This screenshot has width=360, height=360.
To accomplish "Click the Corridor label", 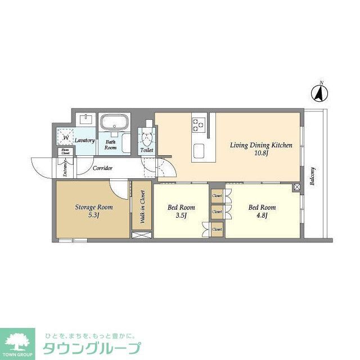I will coord(103,168).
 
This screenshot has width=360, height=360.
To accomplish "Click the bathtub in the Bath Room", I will coord(115,122).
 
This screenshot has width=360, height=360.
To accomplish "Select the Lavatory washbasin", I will coord(87,119).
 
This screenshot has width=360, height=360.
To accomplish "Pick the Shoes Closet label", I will coord(65,151).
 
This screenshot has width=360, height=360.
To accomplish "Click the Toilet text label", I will coord(147,150).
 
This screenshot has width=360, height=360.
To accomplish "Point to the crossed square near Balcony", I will coord(296,186).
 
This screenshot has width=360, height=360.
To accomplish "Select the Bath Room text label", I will coord(111,145).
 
